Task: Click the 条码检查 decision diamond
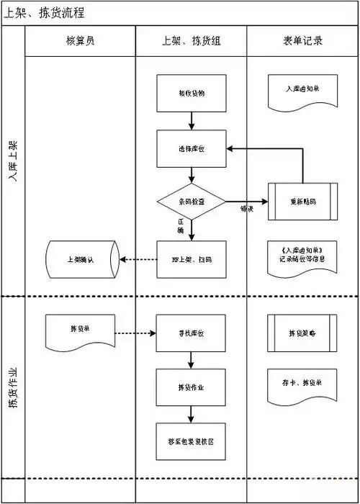[191, 203]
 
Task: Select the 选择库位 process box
[191, 148]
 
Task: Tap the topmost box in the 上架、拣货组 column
[191, 93]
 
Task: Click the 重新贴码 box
[302, 203]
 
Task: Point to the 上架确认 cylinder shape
[81, 260]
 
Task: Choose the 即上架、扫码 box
[191, 259]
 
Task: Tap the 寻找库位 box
[191, 333]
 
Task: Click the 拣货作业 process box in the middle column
[191, 387]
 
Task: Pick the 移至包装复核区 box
[191, 441]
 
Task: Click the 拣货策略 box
[302, 333]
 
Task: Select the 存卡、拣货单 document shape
[302, 383]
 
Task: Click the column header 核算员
[80, 41]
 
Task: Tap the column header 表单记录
[302, 41]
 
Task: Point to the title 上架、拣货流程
[45, 13]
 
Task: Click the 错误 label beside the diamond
[246, 210]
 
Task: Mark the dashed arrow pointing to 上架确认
[138, 259]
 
